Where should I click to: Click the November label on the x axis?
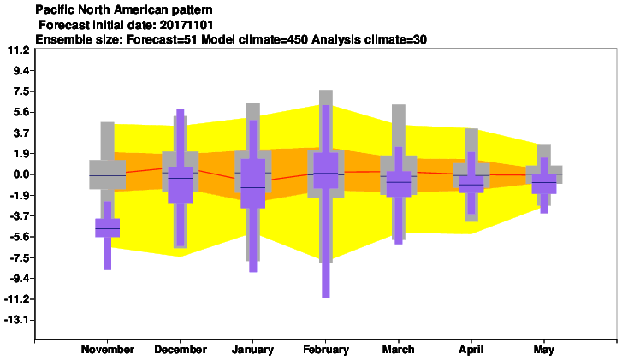(x=108, y=350)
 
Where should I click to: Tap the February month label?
(x=326, y=350)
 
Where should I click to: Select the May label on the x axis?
(x=544, y=350)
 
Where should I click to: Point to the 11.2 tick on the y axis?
(x=19, y=50)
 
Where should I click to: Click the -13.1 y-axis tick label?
(x=16, y=320)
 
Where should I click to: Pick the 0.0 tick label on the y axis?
(x=21, y=174)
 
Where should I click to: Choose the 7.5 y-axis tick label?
(x=21, y=91)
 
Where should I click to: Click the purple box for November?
(x=108, y=228)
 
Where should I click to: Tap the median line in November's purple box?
(x=108, y=229)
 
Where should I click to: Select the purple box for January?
(x=252, y=184)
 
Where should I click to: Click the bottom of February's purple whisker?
(x=326, y=298)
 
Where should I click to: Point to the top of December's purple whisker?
(x=180, y=109)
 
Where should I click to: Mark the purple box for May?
(x=544, y=184)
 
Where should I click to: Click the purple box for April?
(x=471, y=184)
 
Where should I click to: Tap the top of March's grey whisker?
(x=399, y=105)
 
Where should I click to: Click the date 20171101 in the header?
(x=186, y=25)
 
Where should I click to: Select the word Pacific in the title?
(x=50, y=9)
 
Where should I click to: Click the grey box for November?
(x=108, y=174)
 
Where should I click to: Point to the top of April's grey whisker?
(x=471, y=129)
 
